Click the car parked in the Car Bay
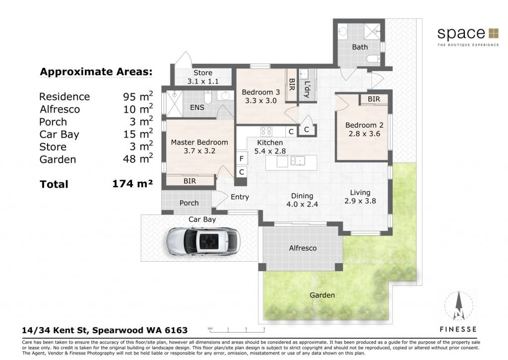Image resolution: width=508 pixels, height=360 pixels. (x=203, y=242)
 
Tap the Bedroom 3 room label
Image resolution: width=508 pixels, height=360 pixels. (x=261, y=92)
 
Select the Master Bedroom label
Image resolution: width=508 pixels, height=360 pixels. (x=199, y=142)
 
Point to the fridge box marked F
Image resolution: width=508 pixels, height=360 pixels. (x=242, y=159)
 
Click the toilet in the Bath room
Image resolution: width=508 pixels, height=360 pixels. (x=373, y=59)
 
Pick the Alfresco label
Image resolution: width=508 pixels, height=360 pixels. (x=303, y=248)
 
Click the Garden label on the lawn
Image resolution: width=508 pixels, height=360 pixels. (x=322, y=295)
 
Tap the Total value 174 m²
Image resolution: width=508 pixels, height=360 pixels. (x=132, y=184)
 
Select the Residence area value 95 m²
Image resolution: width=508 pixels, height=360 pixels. (x=138, y=96)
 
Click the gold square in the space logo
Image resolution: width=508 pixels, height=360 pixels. (x=494, y=33)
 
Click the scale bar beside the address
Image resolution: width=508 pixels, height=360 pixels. (x=237, y=331)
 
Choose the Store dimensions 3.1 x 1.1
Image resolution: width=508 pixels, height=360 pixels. (x=203, y=81)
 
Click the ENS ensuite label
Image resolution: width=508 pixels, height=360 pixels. (x=197, y=107)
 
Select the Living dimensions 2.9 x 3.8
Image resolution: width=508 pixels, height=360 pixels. (x=360, y=201)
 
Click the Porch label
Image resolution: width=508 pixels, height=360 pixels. (x=189, y=203)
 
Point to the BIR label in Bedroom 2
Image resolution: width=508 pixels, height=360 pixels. (x=374, y=99)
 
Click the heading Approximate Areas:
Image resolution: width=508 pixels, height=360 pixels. (x=96, y=72)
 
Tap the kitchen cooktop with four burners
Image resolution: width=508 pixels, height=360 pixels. (x=266, y=132)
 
